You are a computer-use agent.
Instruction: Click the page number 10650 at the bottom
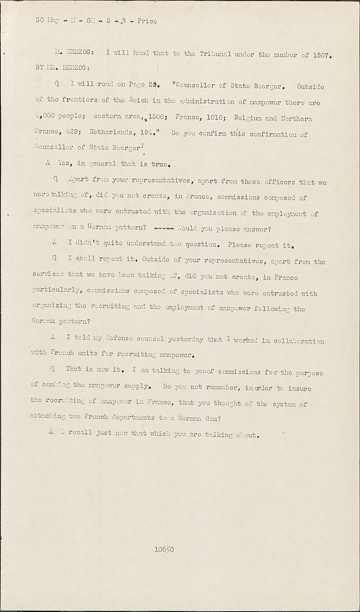[164, 549]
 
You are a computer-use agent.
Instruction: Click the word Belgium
[248, 118]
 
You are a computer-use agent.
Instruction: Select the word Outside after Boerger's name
[311, 86]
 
